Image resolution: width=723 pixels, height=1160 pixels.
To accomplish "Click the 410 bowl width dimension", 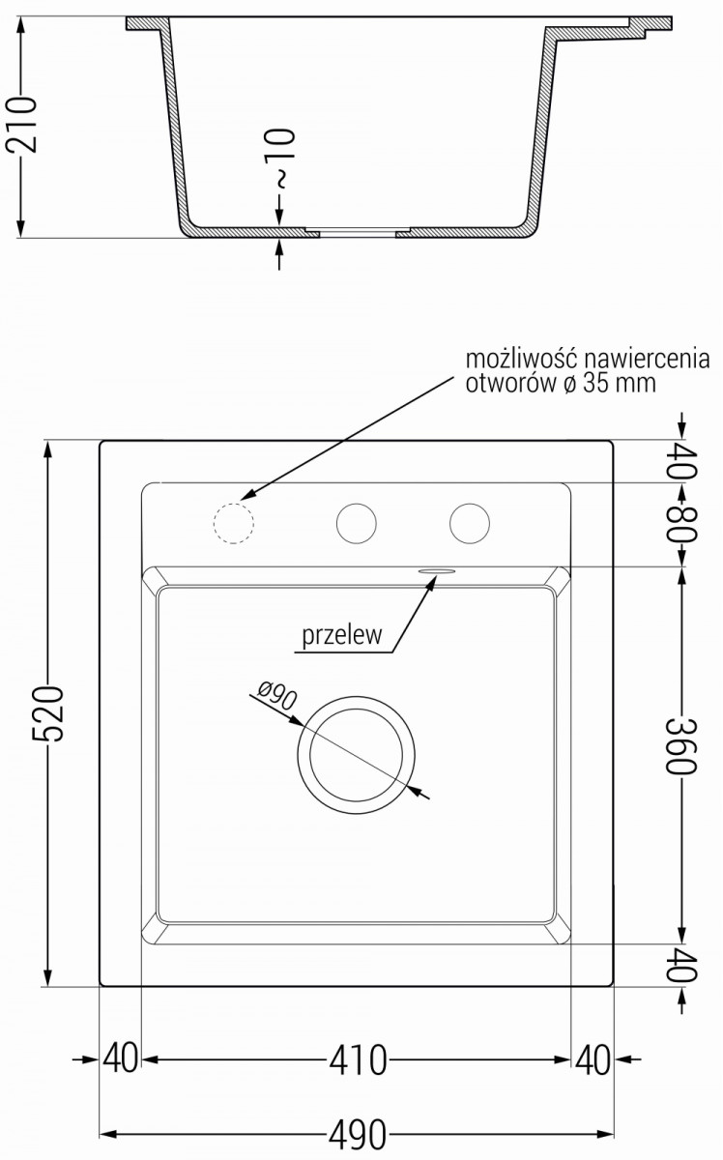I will [x=359, y=1059].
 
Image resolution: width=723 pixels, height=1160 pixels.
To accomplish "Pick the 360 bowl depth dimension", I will [x=682, y=744].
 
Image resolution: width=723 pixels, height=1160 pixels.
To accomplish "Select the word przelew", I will [x=342, y=636].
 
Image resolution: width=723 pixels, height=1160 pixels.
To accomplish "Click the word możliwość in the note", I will [x=510, y=360].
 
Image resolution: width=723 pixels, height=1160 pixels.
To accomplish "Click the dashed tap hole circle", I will [x=232, y=523].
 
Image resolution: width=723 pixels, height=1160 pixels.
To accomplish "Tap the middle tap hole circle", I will [x=356, y=522].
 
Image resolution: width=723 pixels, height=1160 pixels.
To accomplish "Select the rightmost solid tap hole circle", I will [x=470, y=522].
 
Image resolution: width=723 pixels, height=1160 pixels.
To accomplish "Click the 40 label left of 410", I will [x=121, y=1059].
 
